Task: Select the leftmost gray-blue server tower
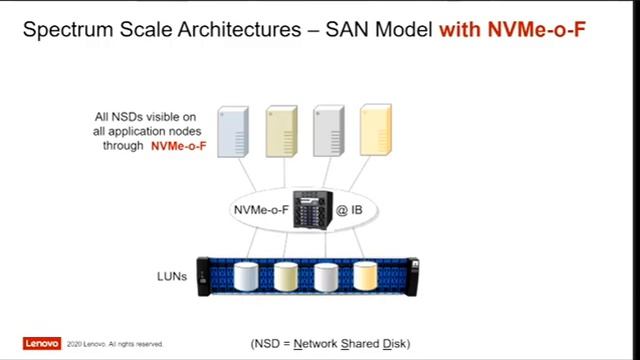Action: [232, 131]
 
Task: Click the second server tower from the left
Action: [282, 131]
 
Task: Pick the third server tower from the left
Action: [329, 131]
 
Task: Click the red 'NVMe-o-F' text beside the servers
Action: [179, 145]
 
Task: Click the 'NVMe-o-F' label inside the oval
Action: [261, 211]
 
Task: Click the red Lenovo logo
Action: [42, 343]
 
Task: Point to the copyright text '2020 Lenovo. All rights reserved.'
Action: [116, 344]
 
